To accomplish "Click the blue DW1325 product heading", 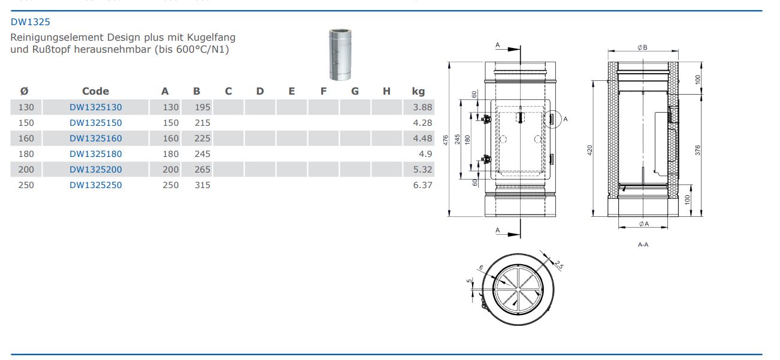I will point(31,22).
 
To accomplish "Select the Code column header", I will point(95,91).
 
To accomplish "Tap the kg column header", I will point(418,91).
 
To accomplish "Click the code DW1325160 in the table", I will point(95,138).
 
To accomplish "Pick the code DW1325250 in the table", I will point(95,185).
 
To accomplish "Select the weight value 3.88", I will point(422,107).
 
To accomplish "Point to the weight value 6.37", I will point(422,185).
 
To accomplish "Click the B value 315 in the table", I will point(202,185).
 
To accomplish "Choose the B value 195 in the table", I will point(202,107).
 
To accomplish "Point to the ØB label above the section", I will point(642,48).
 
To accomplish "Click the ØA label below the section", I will point(643,223).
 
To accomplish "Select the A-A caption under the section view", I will point(643,244).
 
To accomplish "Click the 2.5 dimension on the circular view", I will point(558,264).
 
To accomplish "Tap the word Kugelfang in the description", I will point(213,38).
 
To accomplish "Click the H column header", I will point(386,91).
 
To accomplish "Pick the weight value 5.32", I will point(422,170).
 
